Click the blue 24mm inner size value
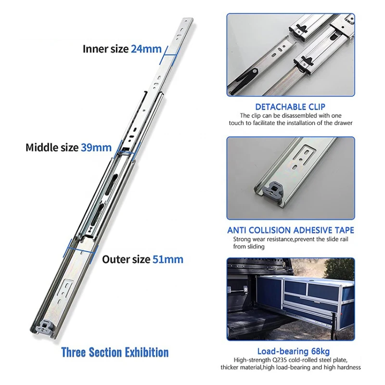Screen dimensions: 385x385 (x=146, y=49)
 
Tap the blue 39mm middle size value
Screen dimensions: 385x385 (x=95, y=147)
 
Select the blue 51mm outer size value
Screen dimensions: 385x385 (x=167, y=259)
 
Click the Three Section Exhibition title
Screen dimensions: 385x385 (x=115, y=352)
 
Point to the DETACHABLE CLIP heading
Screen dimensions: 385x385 (x=290, y=106)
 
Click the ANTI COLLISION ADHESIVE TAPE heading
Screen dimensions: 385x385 (x=291, y=230)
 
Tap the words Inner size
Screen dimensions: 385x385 (x=105, y=49)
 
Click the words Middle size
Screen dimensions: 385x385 (x=51, y=147)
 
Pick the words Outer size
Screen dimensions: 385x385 (x=126, y=259)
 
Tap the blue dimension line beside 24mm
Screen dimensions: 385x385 (x=167, y=54)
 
